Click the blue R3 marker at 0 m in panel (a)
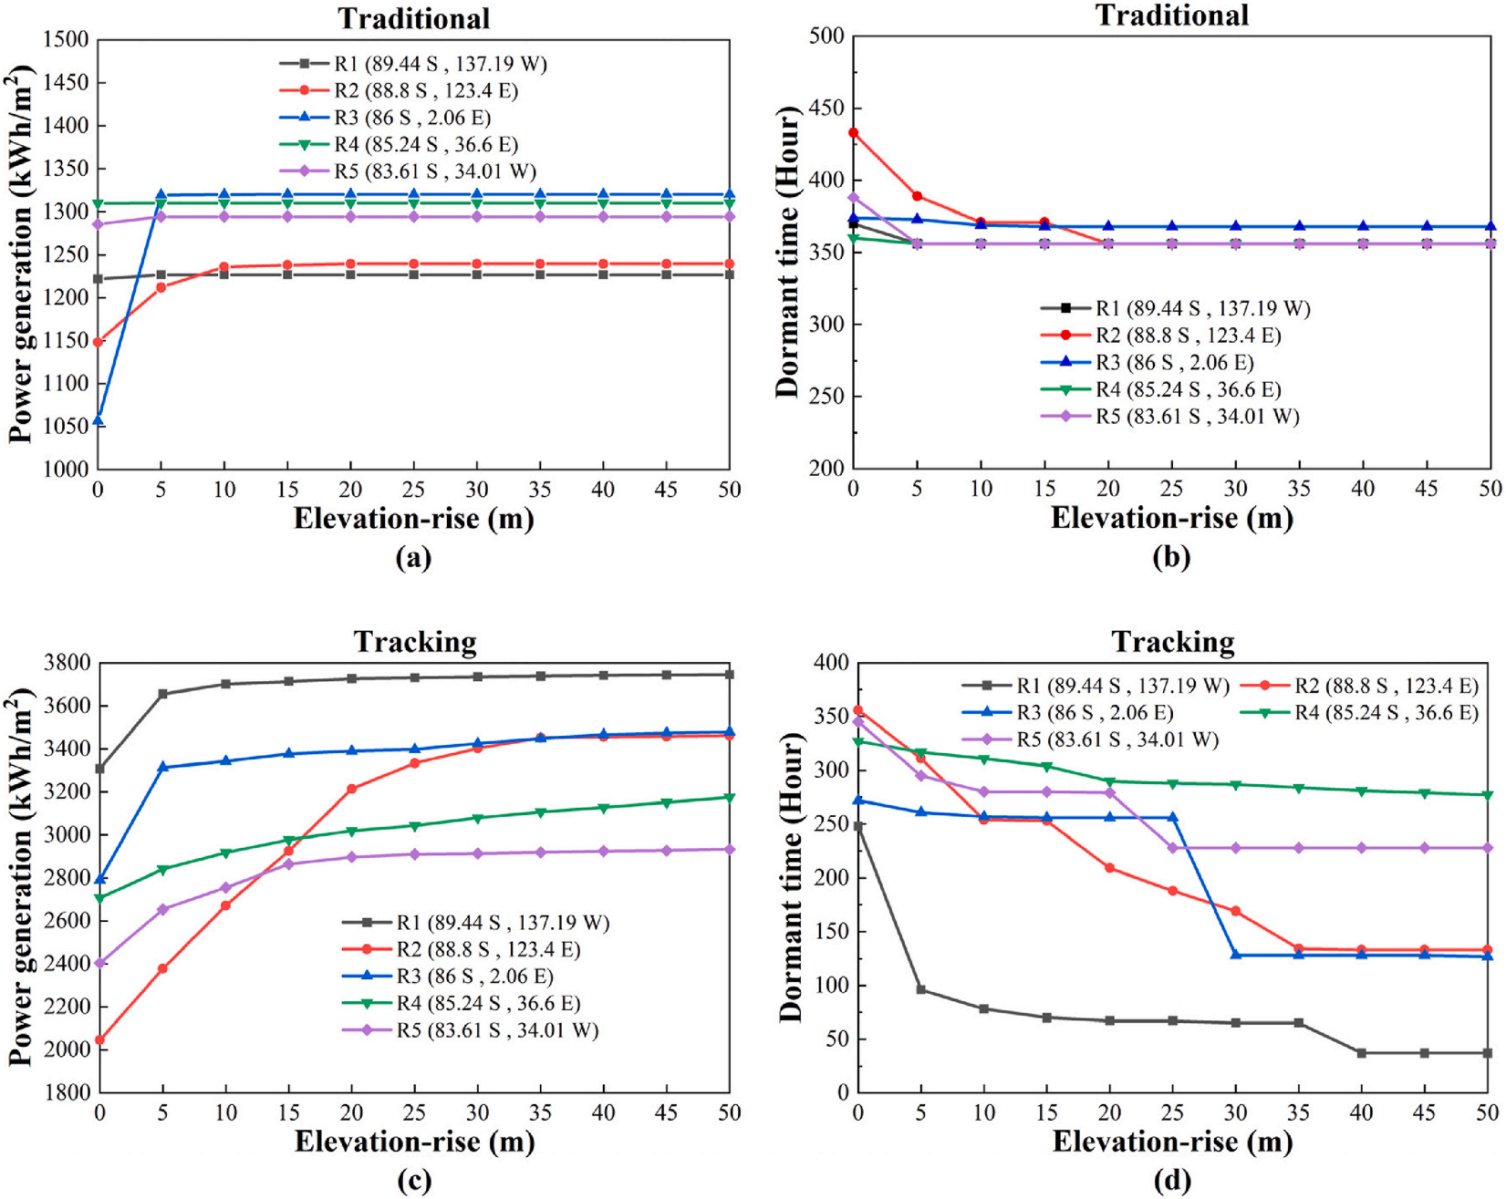(x=99, y=420)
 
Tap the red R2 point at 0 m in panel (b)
(x=854, y=133)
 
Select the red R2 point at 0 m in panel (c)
(x=99, y=1039)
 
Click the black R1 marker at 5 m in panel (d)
(x=921, y=989)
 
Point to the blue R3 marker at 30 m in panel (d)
(x=1236, y=955)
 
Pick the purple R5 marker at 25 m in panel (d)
(x=1173, y=848)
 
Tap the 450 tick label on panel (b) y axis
(x=827, y=109)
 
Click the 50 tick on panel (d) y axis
(x=833, y=1039)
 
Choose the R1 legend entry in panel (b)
(x=1202, y=308)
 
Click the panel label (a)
(x=413, y=557)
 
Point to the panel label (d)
(x=1172, y=1181)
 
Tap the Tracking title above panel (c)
(x=415, y=642)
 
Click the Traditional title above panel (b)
(x=1172, y=16)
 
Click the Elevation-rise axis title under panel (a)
(x=413, y=519)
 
